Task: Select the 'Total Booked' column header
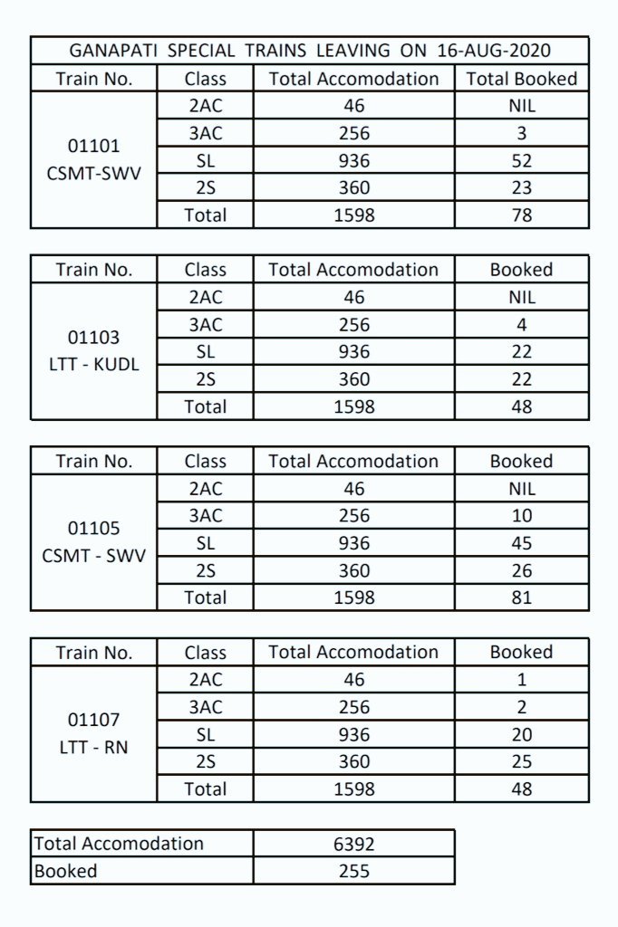(x=521, y=79)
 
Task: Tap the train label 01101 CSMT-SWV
(x=93, y=159)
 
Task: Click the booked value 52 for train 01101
(x=521, y=161)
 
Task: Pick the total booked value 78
(x=521, y=215)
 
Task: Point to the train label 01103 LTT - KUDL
(x=93, y=351)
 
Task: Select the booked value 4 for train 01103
(x=521, y=325)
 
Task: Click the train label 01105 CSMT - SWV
(x=93, y=541)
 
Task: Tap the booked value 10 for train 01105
(x=521, y=516)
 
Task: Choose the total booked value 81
(x=521, y=597)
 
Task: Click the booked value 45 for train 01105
(x=521, y=543)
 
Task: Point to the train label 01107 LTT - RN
(x=93, y=734)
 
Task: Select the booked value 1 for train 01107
(x=521, y=680)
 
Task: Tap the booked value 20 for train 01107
(x=521, y=735)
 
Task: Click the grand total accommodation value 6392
(x=353, y=844)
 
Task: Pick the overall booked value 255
(x=353, y=871)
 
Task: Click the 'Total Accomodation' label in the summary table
(x=119, y=844)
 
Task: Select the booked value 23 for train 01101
(x=521, y=188)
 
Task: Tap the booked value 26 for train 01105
(x=521, y=570)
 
